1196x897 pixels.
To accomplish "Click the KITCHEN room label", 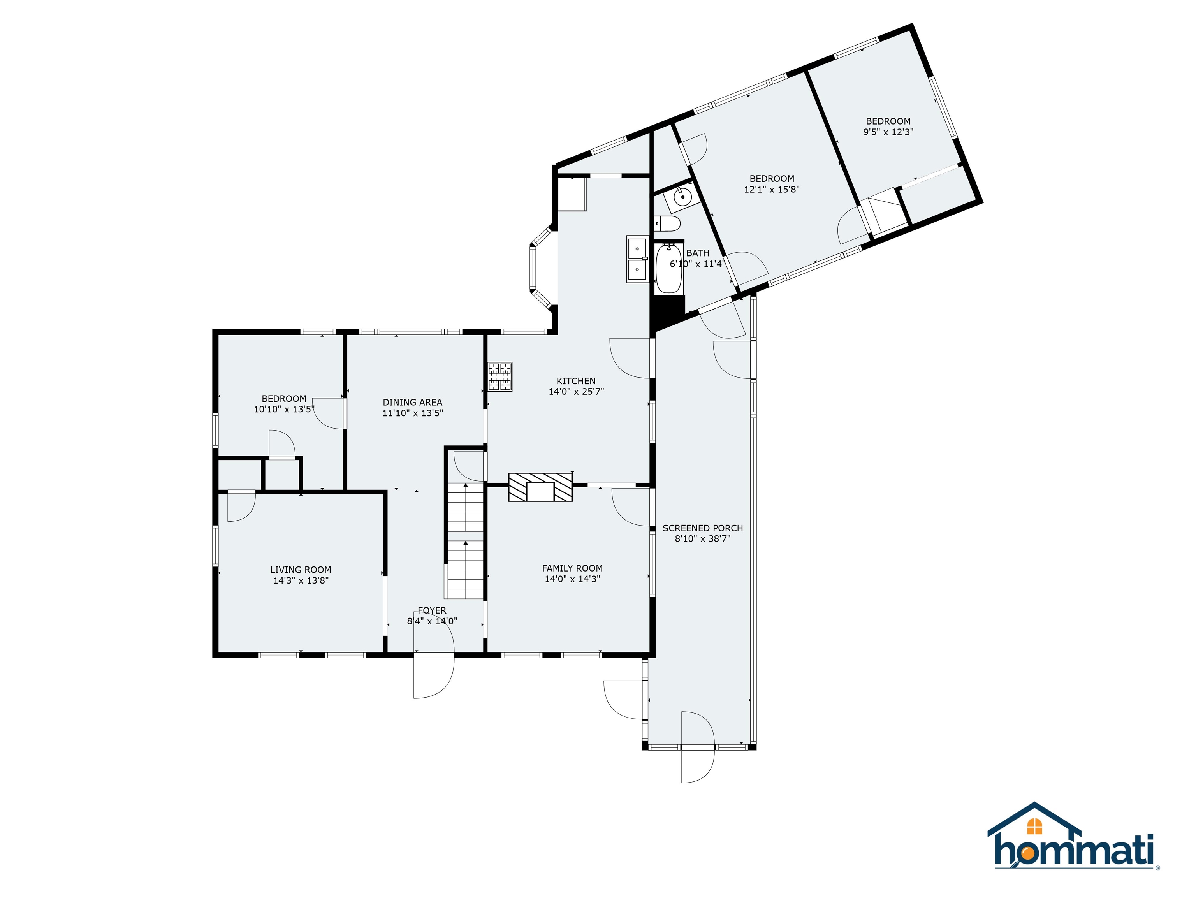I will point(576,381).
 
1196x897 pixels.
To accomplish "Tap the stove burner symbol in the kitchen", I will point(500,377).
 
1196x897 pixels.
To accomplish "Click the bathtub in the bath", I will point(669,268).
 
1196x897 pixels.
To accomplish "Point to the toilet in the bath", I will point(667,223).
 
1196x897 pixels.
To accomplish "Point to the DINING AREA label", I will point(413,402).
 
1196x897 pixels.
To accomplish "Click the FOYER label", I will point(432,610).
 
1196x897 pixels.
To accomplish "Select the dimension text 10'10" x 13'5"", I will point(284,409).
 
